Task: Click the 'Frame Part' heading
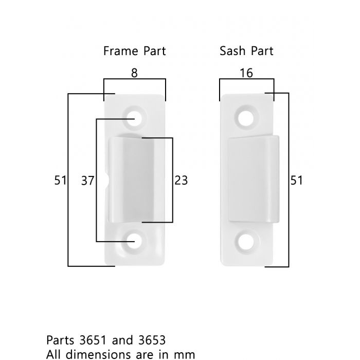coord(135,51)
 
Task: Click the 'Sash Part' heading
coord(246,51)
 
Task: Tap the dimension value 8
coord(134,73)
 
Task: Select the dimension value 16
coord(246,73)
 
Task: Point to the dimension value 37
coord(88,181)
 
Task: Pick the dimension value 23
coord(181,180)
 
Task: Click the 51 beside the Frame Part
coord(60,180)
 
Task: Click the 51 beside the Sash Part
coord(296,180)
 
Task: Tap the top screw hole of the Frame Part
coord(134,118)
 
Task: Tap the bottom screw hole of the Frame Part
coord(134,241)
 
